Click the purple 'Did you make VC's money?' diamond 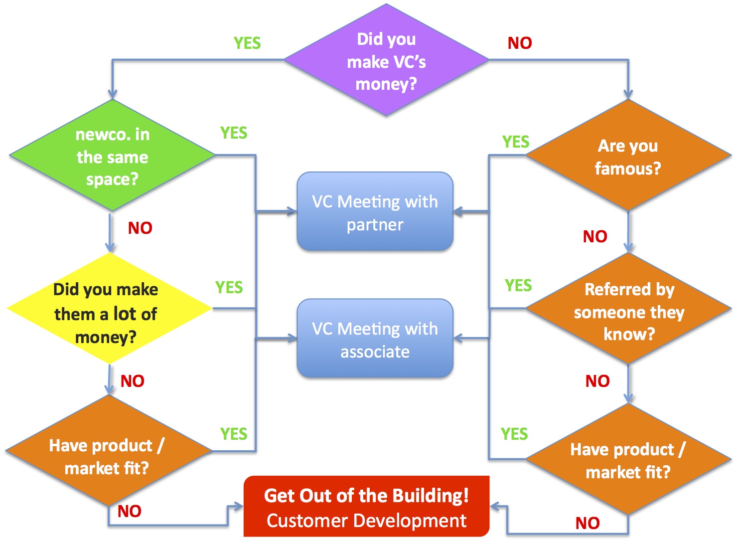tap(386, 60)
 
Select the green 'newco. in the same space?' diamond tap(112, 156)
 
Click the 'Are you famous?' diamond tap(628, 156)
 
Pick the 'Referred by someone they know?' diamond tap(628, 310)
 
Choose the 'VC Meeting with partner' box tap(375, 212)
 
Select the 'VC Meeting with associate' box tap(375, 339)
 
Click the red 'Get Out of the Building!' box tap(366, 507)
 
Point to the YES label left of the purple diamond tap(247, 43)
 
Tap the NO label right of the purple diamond tap(520, 43)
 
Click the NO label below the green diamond tap(140, 228)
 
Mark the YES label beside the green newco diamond tap(234, 133)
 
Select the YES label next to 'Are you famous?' tap(516, 142)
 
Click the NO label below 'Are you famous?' tap(595, 236)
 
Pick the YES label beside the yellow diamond tap(229, 288)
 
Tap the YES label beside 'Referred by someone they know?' tap(518, 286)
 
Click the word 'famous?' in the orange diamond tap(628, 169)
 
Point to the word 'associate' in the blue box tap(375, 352)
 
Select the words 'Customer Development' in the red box tap(366, 521)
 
